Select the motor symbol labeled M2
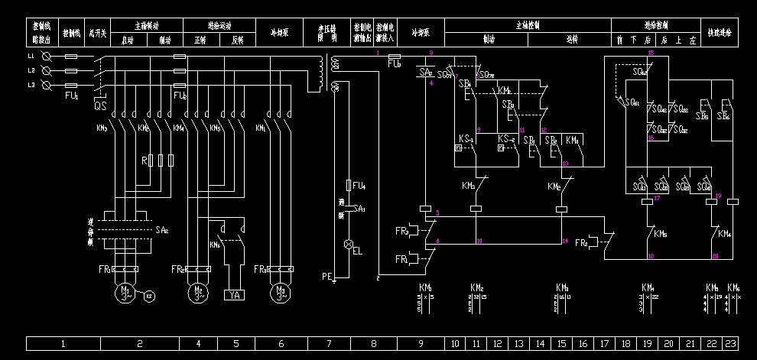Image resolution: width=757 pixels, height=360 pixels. click(x=199, y=295)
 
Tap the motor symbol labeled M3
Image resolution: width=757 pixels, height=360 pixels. click(x=279, y=295)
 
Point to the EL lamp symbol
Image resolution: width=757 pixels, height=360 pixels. click(x=349, y=245)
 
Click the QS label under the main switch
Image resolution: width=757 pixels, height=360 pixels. click(x=100, y=107)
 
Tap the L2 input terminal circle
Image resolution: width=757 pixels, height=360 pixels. click(x=47, y=70)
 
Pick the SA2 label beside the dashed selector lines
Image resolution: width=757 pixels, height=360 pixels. click(x=161, y=229)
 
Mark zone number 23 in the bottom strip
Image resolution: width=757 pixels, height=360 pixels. click(x=732, y=344)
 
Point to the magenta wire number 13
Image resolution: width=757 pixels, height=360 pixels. click(x=565, y=164)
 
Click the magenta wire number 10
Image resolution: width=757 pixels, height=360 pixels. click(x=479, y=241)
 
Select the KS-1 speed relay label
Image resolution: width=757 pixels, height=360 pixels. click(x=466, y=138)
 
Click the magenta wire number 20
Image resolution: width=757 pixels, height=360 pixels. click(x=716, y=256)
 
